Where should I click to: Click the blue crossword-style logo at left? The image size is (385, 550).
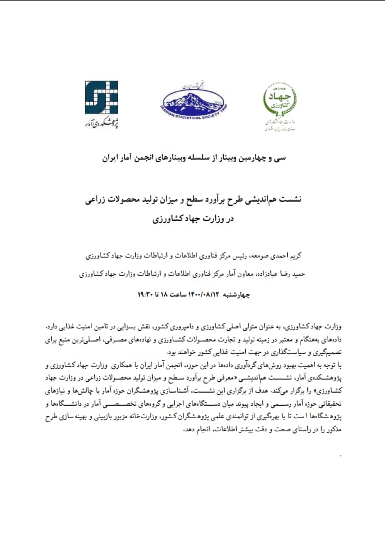[x=102, y=97]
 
